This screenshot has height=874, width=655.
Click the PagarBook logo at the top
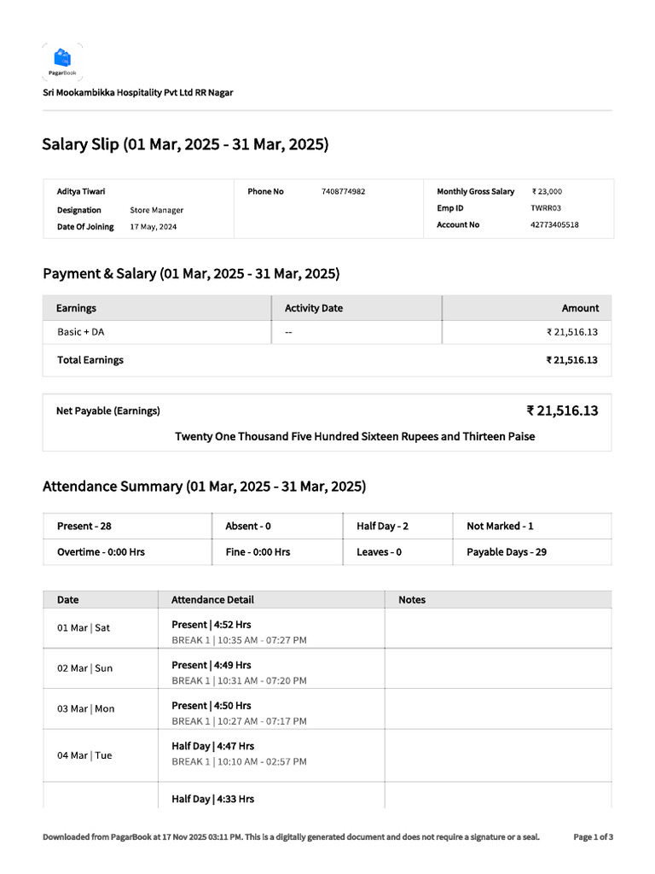point(62,61)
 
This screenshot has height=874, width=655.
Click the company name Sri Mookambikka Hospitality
point(138,92)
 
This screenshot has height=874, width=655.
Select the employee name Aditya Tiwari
point(81,192)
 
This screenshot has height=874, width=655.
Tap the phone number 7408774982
point(343,192)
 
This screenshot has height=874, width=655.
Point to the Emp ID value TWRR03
point(546,208)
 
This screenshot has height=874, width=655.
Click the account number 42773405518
point(554,225)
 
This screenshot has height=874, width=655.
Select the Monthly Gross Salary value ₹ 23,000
point(547,192)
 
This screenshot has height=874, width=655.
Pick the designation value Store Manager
point(156,210)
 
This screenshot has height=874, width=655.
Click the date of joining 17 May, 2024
point(154,227)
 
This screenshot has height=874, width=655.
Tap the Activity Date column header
point(313,308)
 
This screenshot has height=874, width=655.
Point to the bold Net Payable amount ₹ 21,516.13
point(562,411)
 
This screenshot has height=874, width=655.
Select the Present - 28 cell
point(84,527)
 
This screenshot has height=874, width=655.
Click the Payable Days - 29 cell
point(507,552)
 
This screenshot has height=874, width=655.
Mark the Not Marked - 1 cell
point(500,527)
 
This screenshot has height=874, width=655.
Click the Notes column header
point(412,600)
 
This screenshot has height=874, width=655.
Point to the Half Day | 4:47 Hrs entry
point(212,746)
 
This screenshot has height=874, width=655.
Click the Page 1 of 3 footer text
point(593,837)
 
